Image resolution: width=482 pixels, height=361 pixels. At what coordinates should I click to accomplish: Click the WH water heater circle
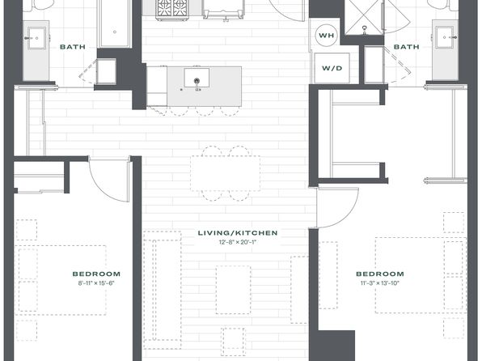coord(326,36)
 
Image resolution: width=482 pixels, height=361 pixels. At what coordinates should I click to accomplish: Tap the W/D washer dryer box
coord(332,68)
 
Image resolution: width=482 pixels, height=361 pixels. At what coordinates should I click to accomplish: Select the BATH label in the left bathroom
coord(73,47)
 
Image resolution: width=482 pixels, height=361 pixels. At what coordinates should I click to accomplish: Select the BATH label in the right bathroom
coord(406,47)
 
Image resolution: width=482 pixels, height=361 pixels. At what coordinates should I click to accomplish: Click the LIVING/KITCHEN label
coord(238,233)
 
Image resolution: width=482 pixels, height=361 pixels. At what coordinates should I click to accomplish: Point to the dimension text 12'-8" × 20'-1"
coord(238,242)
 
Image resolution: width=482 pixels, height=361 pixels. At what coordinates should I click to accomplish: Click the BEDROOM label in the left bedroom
coord(96,274)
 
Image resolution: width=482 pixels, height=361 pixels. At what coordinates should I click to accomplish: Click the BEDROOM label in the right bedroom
coord(380,274)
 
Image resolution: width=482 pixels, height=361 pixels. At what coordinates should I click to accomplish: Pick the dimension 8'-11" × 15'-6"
coord(96,283)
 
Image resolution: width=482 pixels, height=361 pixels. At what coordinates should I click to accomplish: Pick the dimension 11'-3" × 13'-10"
coord(380,283)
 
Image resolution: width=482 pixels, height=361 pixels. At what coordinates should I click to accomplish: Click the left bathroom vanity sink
coord(36,38)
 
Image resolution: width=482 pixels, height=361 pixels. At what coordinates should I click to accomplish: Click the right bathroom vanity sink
coord(444,38)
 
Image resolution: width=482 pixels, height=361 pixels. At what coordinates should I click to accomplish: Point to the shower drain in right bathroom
coord(365,28)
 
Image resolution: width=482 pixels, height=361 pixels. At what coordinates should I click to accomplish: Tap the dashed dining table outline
coord(225,173)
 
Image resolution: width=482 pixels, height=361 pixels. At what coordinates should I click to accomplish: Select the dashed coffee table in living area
coord(233,290)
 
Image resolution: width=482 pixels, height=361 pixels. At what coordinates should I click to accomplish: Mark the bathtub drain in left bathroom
coord(115,32)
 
